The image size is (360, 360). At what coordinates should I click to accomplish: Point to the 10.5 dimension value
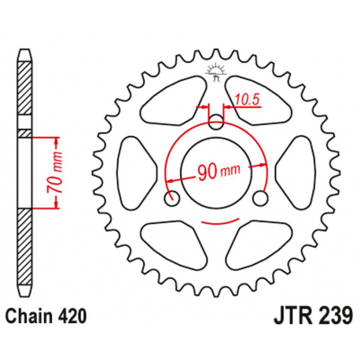tap(247, 99)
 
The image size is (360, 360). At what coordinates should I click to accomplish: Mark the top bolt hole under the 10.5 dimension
tap(216, 121)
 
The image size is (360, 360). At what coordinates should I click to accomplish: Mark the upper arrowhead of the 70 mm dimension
tap(57, 140)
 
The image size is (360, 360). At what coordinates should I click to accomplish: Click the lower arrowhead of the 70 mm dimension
tap(57, 206)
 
